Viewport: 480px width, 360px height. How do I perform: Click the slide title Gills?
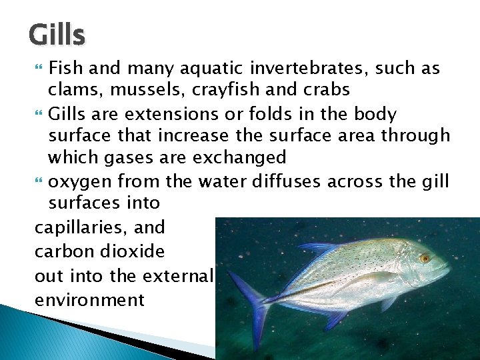pyautogui.click(x=57, y=35)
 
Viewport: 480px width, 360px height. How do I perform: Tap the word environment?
pyautogui.click(x=89, y=299)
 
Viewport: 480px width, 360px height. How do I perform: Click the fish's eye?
pyautogui.click(x=425, y=258)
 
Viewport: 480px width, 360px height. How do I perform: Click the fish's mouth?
pyautogui.click(x=445, y=274)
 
